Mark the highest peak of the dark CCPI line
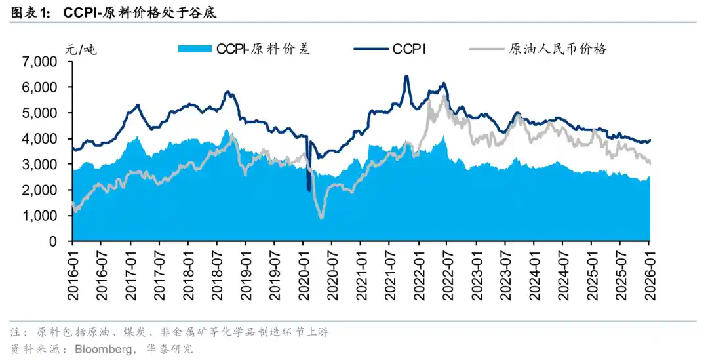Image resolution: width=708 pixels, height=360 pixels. tap(406, 77)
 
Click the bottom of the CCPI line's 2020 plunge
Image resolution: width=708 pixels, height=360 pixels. tap(309, 190)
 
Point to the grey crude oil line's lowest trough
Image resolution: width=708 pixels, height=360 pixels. tap(321, 217)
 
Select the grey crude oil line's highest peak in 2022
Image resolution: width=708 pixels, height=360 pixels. tap(444, 96)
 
